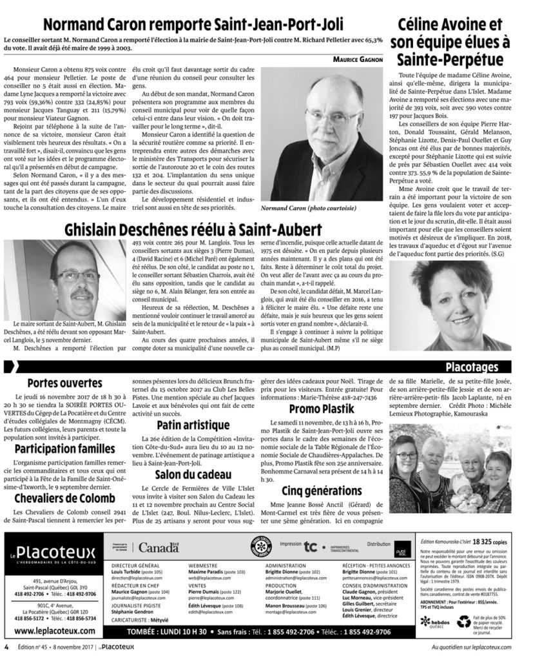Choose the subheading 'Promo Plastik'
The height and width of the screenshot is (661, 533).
click(x=318, y=409)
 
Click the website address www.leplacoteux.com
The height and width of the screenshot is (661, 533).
click(x=50, y=631)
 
